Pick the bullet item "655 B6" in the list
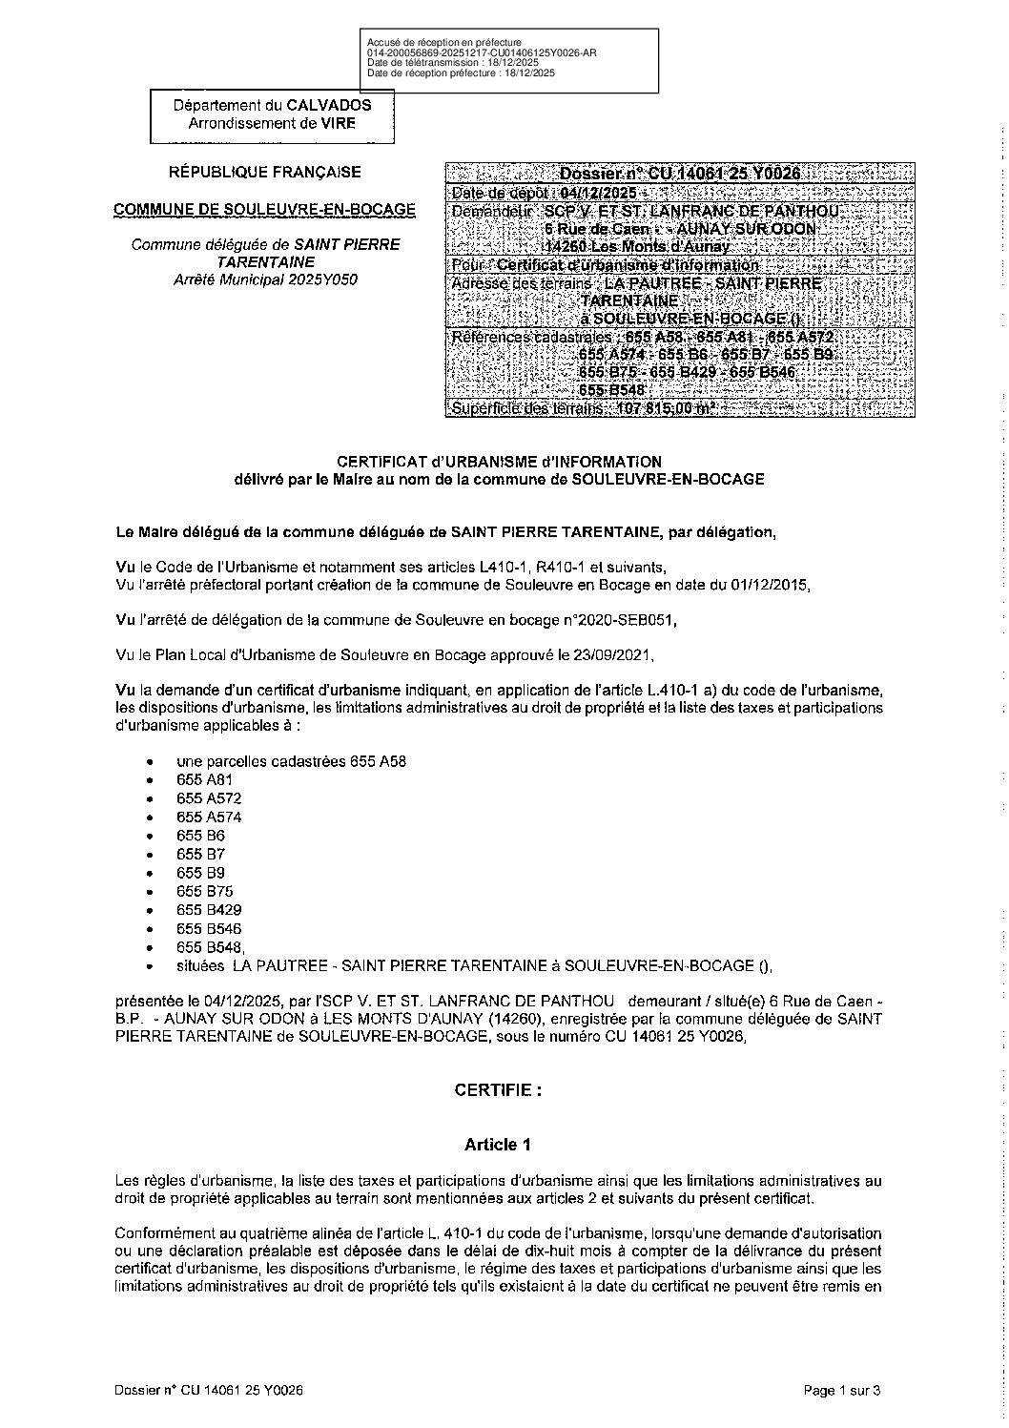pyautogui.click(x=195, y=835)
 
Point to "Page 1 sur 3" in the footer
pyautogui.click(x=842, y=1391)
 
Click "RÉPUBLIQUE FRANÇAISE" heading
pyautogui.click(x=264, y=173)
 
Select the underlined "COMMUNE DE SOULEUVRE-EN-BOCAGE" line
pyautogui.click(x=264, y=209)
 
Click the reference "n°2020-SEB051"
pyautogui.click(x=629, y=620)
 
